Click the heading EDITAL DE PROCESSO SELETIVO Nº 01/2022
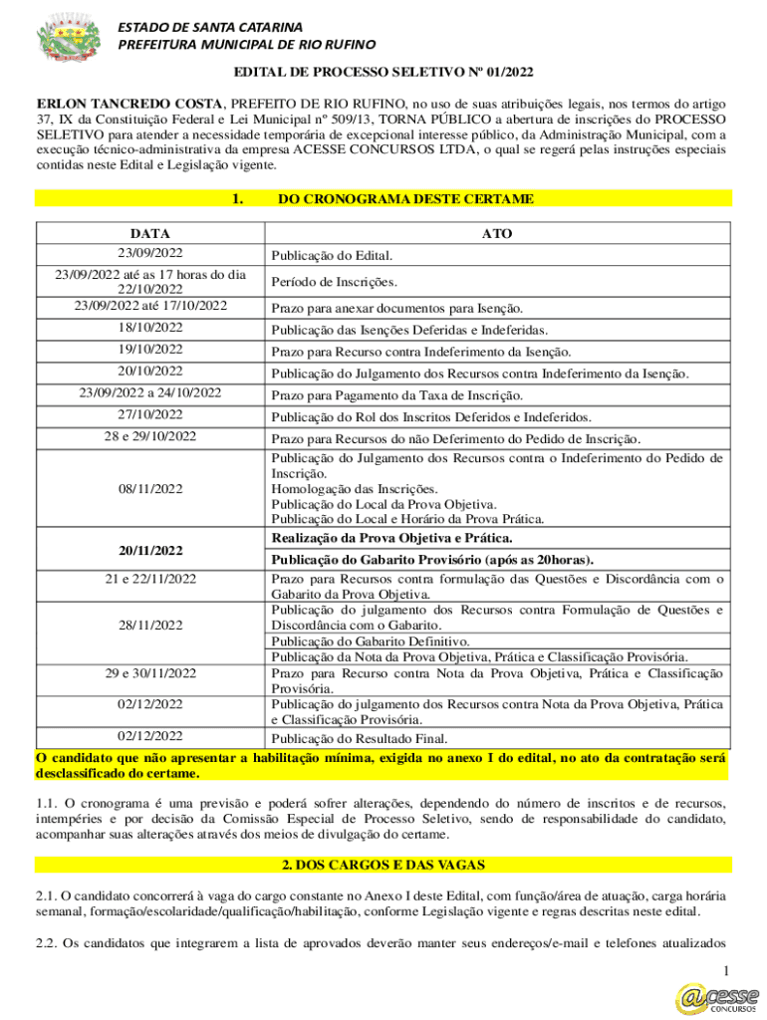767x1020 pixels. (383, 73)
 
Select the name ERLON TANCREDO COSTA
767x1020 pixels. (129, 104)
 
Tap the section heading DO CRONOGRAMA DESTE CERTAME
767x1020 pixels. (405, 199)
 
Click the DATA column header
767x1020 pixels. (149, 233)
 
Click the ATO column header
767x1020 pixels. (496, 233)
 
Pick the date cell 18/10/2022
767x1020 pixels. (149, 328)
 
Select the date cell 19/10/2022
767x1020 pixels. (149, 350)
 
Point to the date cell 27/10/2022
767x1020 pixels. (149, 415)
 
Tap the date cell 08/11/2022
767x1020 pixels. (149, 489)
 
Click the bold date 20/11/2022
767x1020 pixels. (149, 550)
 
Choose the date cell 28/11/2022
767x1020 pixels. (149, 626)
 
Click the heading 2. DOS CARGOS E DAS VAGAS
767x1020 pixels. (383, 865)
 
